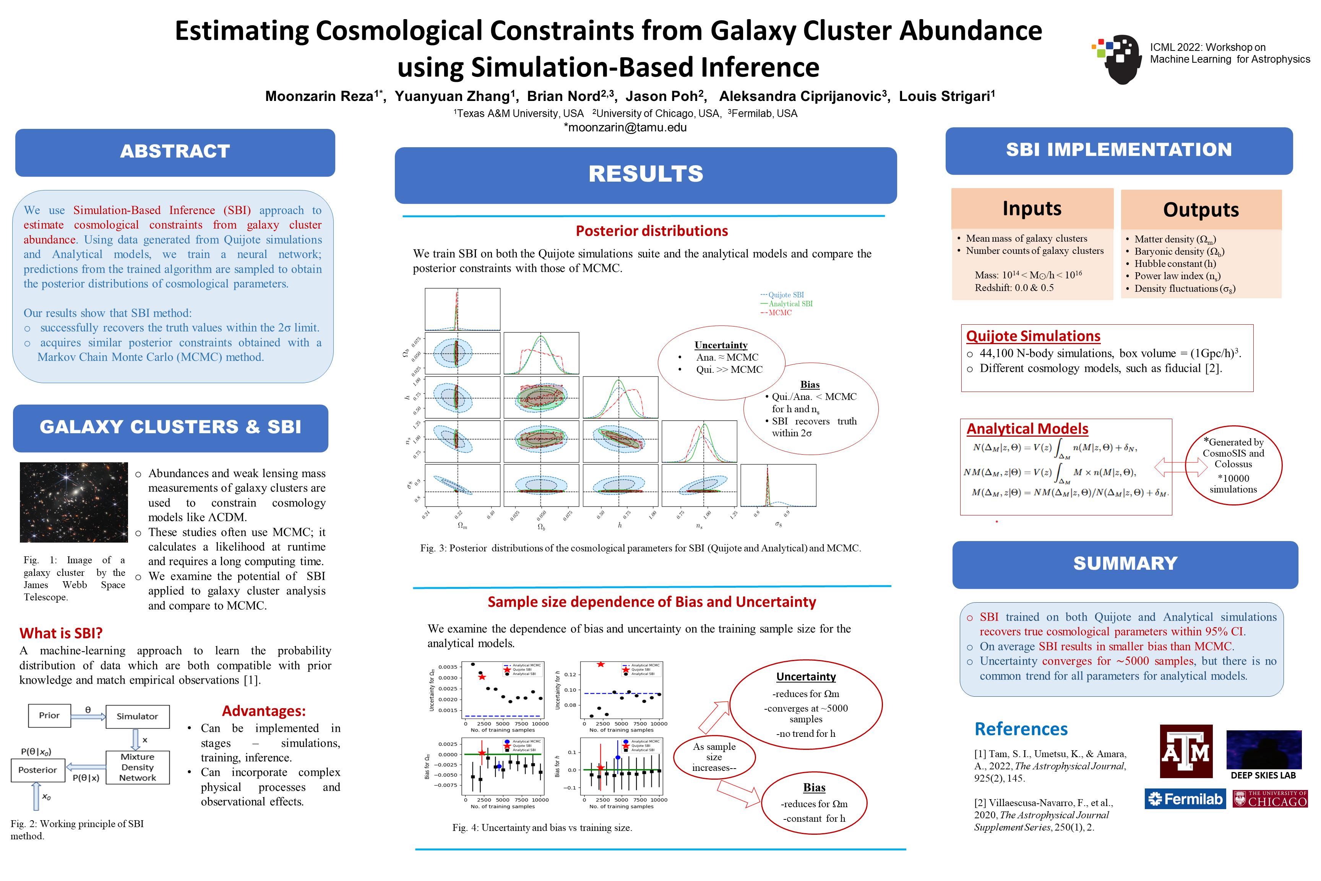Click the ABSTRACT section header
pos(175,152)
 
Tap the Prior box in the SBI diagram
pos(49,715)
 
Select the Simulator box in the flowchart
pos(137,716)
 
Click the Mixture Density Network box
pos(137,767)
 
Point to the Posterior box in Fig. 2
pos(37,770)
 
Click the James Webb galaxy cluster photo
pos(73,502)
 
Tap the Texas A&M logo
pos(1186,751)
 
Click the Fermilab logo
pos(1185,798)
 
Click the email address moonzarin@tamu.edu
pos(625,128)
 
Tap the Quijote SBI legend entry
pos(785,295)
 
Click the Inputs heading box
pos(1032,208)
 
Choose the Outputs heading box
pos(1201,210)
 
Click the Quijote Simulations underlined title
pos(1033,336)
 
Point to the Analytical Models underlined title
pos(1027,429)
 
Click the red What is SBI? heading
pos(61,633)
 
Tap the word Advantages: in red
pos(263,711)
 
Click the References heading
pos(1021,729)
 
